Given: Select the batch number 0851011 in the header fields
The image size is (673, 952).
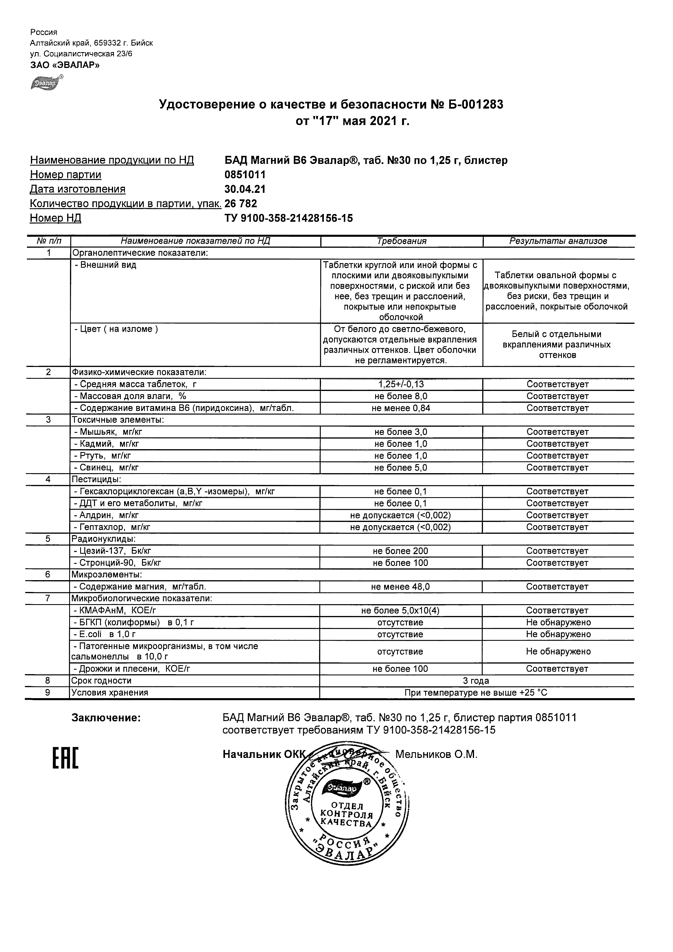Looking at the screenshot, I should click(245, 175).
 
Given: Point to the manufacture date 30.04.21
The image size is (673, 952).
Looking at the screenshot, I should click(245, 189).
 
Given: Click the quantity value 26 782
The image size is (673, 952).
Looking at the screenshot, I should click(240, 203).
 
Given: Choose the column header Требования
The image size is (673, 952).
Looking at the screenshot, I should click(401, 241).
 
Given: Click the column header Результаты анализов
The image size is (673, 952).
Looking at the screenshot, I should click(558, 241).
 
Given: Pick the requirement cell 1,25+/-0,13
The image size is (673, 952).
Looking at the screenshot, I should click(401, 384).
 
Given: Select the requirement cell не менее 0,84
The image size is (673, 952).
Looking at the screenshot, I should click(401, 408).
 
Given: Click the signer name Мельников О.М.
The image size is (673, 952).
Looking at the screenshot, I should click(436, 754).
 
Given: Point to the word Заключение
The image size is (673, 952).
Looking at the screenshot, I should click(106, 718).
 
